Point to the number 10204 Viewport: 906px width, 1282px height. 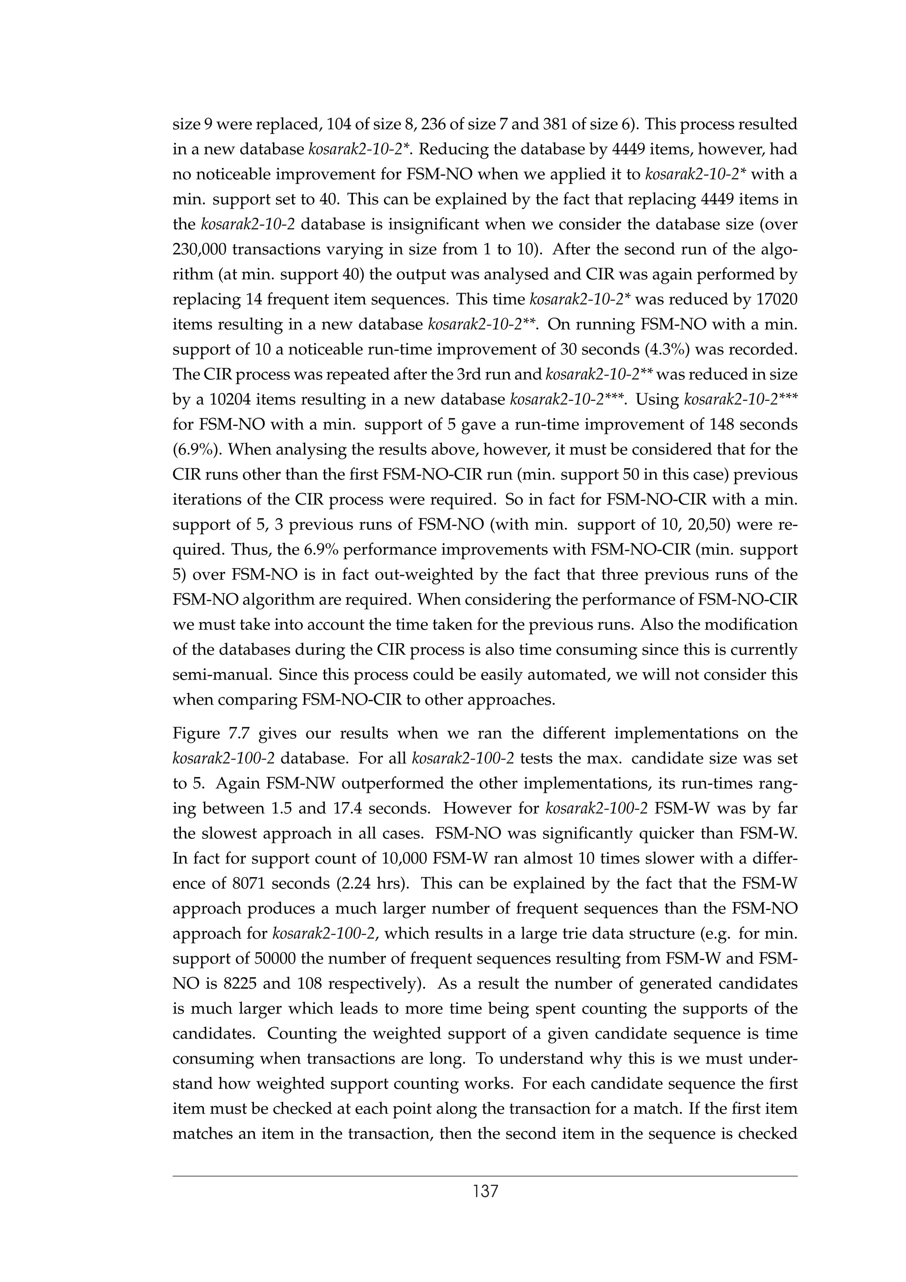231,400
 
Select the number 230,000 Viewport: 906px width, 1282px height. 199,249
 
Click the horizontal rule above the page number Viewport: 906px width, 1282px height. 484,1176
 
